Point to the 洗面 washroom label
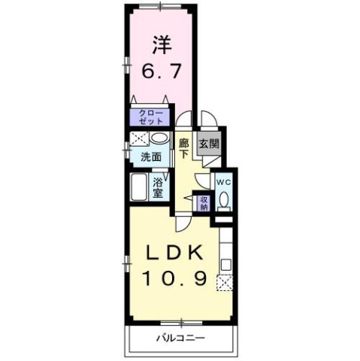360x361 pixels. (151, 157)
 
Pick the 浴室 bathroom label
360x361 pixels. (159, 187)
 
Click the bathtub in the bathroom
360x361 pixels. (139, 187)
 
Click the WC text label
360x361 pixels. (223, 181)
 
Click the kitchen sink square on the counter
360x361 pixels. (226, 265)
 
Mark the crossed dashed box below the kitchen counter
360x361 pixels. (225, 283)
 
